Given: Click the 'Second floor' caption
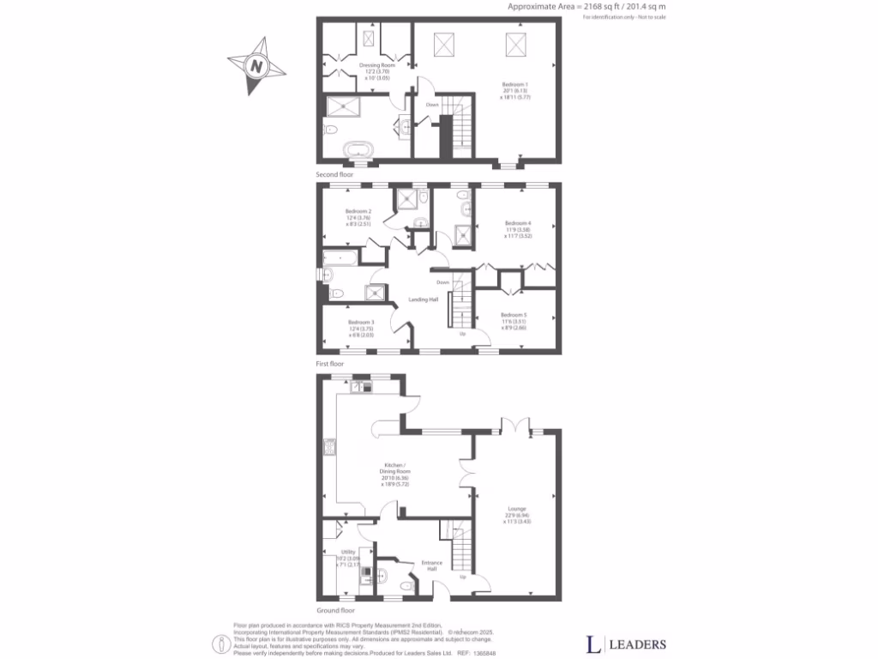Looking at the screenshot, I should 334,175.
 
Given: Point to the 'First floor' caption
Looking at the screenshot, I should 329,364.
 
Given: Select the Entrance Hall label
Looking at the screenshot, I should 430,566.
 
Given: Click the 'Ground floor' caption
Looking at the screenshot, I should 334,610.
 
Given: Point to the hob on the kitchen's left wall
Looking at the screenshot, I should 328,445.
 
